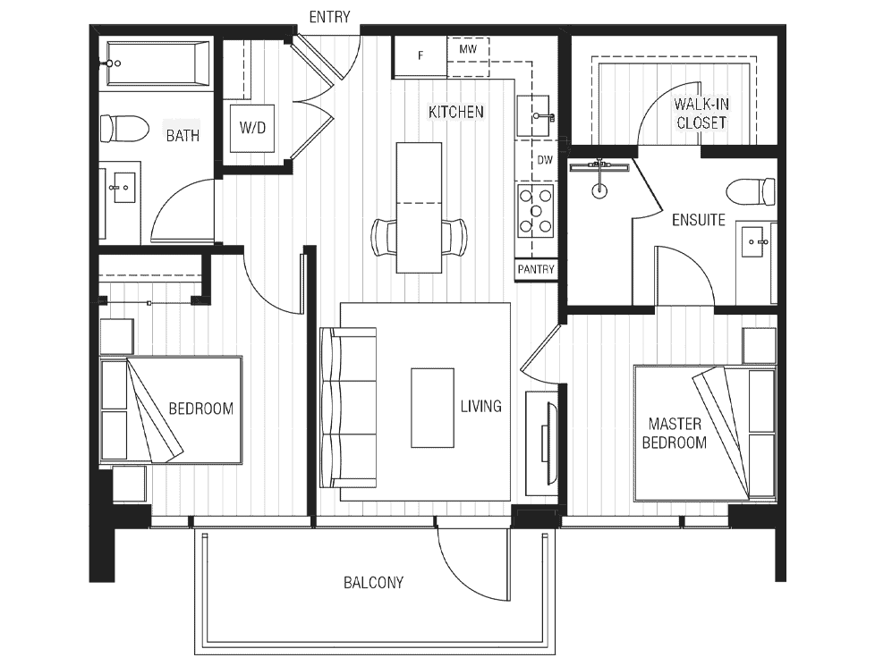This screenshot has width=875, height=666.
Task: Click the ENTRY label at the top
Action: pos(329,17)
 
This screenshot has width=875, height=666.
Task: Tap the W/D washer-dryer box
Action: pos(252,129)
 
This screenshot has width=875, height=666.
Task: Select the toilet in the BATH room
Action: pos(124,129)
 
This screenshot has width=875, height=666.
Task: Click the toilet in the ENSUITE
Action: pos(752,191)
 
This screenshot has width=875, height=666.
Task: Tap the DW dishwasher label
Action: pos(545,160)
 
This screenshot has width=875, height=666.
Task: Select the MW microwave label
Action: pos(468,49)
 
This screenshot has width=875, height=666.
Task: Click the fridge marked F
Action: pos(421,55)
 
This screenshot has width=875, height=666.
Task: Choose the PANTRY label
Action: pos(536,269)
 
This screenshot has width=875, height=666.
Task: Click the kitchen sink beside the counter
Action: pos(535,116)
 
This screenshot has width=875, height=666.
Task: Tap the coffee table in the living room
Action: pos(432,408)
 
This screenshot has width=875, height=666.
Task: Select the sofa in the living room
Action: pos(348,408)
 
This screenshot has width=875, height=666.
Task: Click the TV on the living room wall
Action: pos(547,443)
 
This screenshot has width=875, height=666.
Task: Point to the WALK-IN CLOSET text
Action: pos(701,114)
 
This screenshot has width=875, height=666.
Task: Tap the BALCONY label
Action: pos(373,583)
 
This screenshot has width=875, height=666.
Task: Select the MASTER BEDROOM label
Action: pos(674,434)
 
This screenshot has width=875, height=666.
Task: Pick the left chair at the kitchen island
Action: pos(384,238)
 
